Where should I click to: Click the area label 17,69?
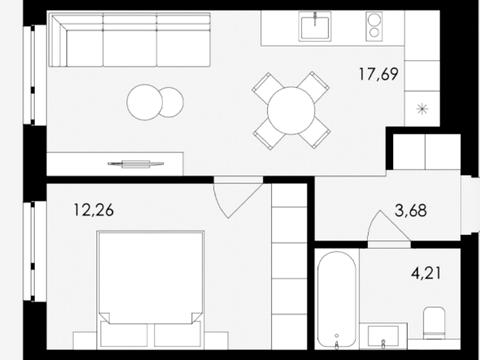point(379,74)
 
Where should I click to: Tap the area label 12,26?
point(94,210)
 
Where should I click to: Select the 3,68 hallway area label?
point(411,211)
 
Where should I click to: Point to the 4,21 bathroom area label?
point(426,273)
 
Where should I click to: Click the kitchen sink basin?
point(315,28)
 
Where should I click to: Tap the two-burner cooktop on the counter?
point(374,26)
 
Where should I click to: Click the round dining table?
point(291,111)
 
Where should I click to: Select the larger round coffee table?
point(145,102)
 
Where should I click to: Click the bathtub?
point(336,299)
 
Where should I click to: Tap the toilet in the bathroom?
point(434,323)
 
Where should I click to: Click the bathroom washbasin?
point(383,336)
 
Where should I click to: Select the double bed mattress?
point(151,277)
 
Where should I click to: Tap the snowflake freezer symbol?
point(422,109)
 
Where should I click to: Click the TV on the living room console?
point(136,164)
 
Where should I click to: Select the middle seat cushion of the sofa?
point(130,48)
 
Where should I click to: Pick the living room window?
point(35,75)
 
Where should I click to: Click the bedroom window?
point(35,251)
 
